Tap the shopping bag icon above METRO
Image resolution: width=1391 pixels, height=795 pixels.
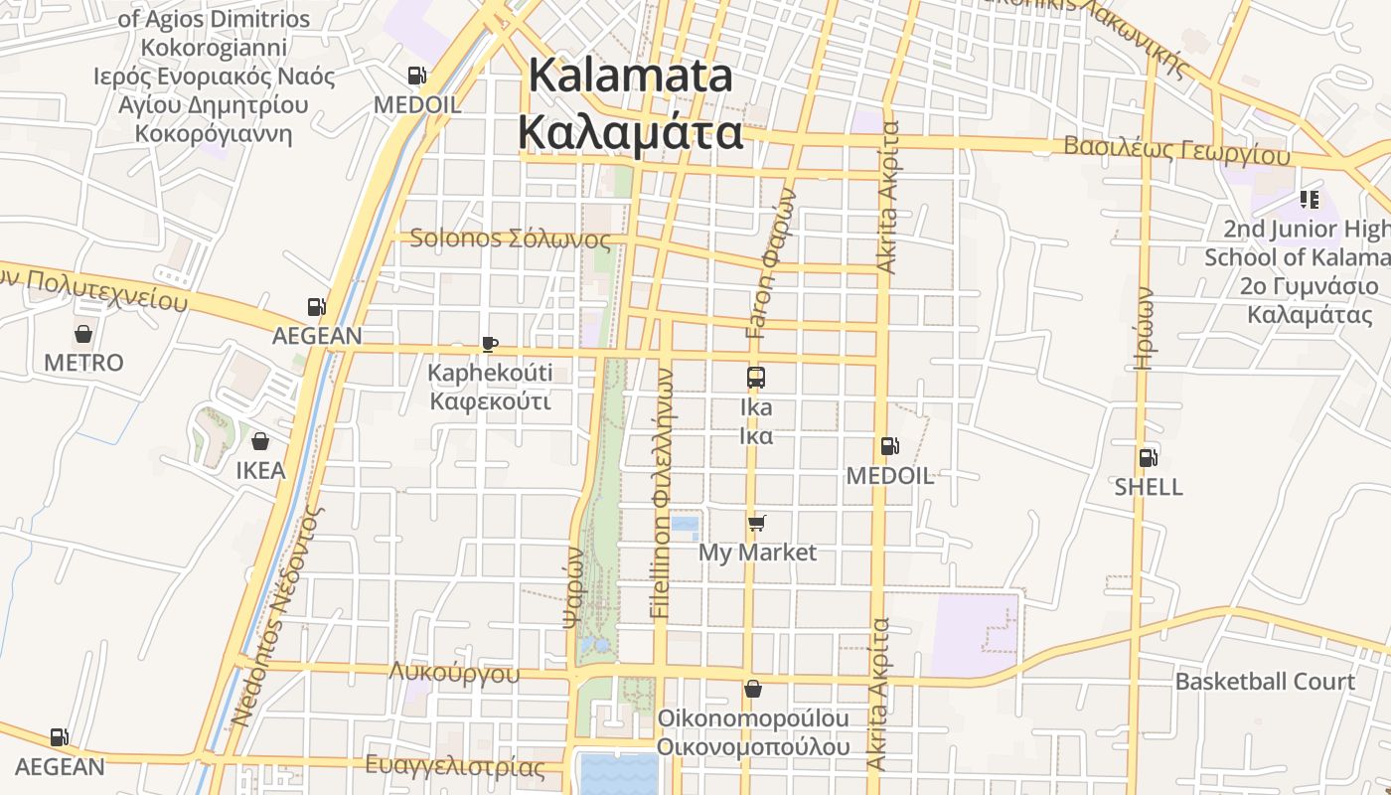(83, 334)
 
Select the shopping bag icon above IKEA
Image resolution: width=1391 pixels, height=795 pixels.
(260, 441)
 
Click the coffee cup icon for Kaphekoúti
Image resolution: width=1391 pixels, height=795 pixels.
(489, 344)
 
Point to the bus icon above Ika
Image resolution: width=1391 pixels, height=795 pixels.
(756, 378)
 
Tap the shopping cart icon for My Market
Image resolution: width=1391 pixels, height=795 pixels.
(757, 523)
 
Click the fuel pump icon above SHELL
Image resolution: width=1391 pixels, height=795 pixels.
(1148, 457)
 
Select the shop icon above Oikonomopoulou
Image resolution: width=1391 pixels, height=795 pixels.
(753, 689)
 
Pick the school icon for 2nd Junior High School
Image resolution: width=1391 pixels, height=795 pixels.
(1309, 200)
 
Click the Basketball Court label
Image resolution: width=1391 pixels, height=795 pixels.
(1265, 682)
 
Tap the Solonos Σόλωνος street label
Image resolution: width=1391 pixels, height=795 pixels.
(510, 238)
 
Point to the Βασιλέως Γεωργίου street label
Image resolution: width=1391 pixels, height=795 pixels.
(1176, 149)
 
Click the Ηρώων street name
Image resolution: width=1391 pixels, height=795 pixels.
(1145, 328)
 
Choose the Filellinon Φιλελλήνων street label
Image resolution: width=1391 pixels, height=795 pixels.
(663, 494)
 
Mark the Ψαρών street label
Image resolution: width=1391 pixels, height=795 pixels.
(573, 586)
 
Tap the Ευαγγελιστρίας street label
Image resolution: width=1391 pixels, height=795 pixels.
(455, 766)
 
